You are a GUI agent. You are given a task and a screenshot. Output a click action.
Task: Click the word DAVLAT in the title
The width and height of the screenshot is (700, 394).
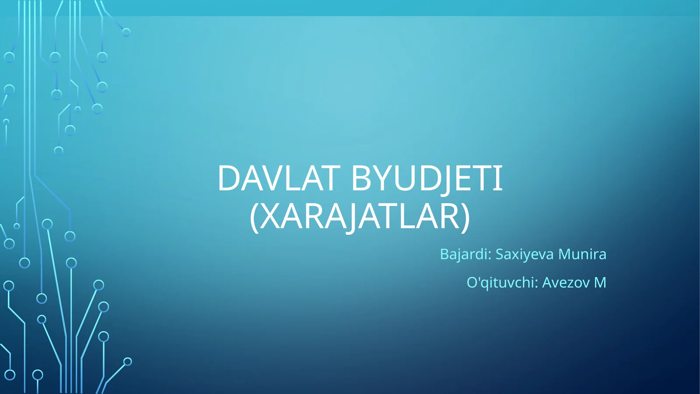pos(278,178)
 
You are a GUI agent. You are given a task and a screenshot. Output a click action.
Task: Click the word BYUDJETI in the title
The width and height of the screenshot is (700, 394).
pos(427,178)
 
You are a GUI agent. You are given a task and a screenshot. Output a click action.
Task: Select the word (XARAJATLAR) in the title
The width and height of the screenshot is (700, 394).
pos(360,216)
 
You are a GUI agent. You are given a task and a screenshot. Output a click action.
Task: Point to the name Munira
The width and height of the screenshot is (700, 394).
pos(582,254)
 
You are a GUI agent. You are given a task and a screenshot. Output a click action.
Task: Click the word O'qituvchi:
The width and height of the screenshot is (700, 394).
pos(502,283)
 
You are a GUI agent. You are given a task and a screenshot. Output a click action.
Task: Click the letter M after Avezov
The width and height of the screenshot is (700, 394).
pos(600,283)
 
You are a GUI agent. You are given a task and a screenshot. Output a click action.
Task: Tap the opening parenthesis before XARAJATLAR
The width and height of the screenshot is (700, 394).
pos(253,217)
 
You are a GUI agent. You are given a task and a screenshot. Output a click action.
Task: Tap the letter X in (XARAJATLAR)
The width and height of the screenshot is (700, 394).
pos(270,216)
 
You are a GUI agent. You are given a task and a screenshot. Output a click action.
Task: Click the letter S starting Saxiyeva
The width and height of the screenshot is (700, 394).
pos(500,254)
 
